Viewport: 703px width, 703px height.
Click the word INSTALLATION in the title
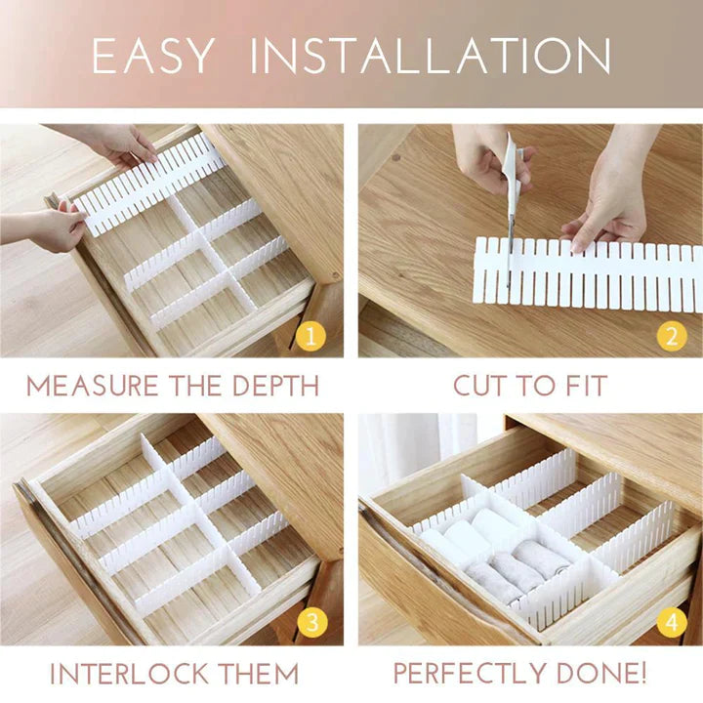tap(431, 57)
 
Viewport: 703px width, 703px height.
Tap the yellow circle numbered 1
tap(310, 338)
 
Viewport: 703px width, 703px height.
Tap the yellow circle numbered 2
tap(670, 338)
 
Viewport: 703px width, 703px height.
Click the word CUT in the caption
tap(479, 386)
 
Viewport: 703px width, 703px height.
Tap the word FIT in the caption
tap(583, 386)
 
